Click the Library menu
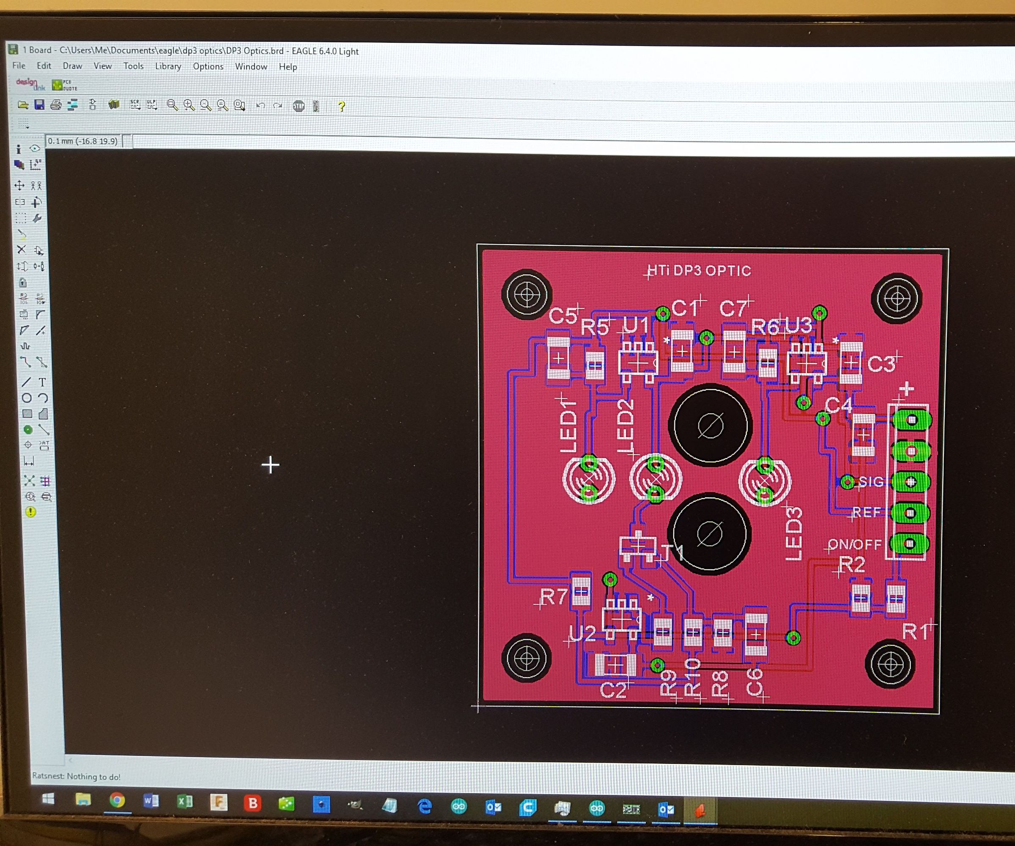[168, 66]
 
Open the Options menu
[208, 67]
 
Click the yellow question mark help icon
[341, 106]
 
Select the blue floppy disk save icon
[39, 104]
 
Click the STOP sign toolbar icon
[299, 106]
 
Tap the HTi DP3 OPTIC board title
[699, 271]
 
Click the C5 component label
[563, 316]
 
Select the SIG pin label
[871, 481]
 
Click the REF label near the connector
[866, 512]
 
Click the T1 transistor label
[672, 552]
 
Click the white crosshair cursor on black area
[270, 465]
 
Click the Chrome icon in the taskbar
[116, 801]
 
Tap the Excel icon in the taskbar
[185, 802]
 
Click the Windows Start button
[48, 799]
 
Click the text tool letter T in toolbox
[43, 382]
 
